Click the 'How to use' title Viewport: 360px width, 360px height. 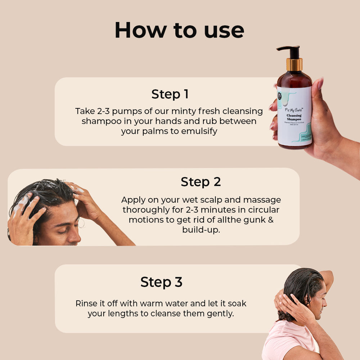click(179, 30)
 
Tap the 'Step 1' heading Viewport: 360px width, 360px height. click(170, 94)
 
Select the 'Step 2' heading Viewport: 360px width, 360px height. click(201, 182)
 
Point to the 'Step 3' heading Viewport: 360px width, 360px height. click(161, 282)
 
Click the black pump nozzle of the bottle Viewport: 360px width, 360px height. click(290, 50)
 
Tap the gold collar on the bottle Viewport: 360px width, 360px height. click(294, 65)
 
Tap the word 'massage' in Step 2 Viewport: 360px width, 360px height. click(262, 200)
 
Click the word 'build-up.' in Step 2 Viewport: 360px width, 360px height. click(201, 230)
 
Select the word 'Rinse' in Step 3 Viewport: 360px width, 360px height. click(86, 303)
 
